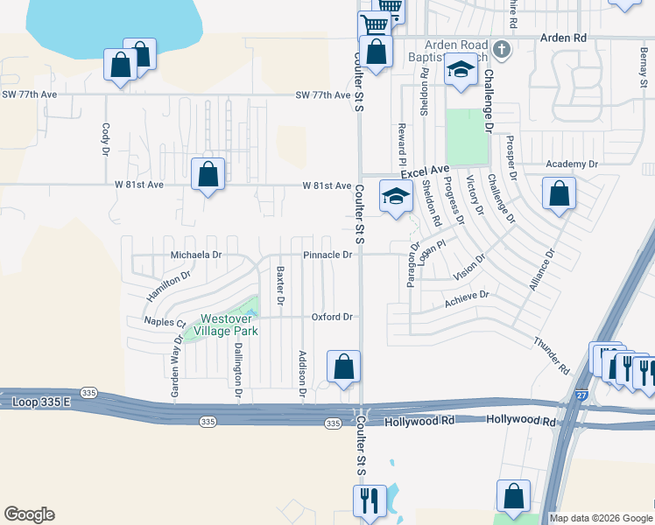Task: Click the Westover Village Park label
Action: point(225,325)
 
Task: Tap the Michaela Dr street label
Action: point(196,255)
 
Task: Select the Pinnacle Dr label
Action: point(327,255)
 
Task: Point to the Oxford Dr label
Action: point(333,317)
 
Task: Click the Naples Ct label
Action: point(165,322)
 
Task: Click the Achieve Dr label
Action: point(466,299)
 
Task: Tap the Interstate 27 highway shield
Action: point(582,395)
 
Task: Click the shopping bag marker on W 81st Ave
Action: point(208,174)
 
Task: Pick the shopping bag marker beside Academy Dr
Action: point(559,194)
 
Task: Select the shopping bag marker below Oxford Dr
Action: point(344,367)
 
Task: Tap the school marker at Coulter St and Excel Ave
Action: point(396,195)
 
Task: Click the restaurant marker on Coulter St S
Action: point(369,500)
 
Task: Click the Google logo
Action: point(29,514)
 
